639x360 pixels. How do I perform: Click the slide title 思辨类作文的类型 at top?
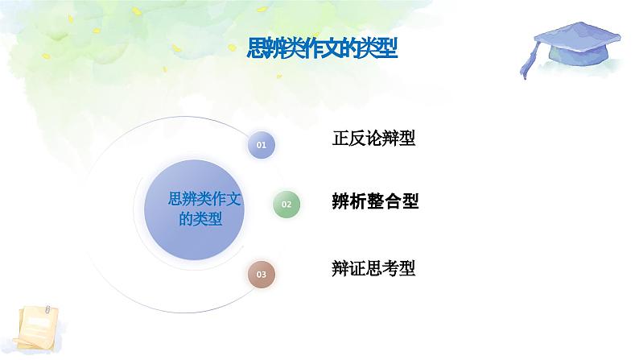[322, 48]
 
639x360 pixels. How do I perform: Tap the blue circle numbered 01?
[261, 145]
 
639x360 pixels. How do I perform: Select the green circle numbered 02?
[287, 205]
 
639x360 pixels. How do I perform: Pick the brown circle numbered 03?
[261, 275]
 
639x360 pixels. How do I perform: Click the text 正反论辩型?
[373, 138]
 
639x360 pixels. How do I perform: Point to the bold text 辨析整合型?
[375, 201]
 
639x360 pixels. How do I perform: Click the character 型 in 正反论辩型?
[407, 138]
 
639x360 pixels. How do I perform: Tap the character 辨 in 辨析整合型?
[340, 201]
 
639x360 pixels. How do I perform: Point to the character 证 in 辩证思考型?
[357, 267]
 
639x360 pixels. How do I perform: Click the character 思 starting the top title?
[255, 48]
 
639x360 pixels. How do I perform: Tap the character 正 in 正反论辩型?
[340, 138]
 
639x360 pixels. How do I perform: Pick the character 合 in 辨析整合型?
[392, 201]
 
